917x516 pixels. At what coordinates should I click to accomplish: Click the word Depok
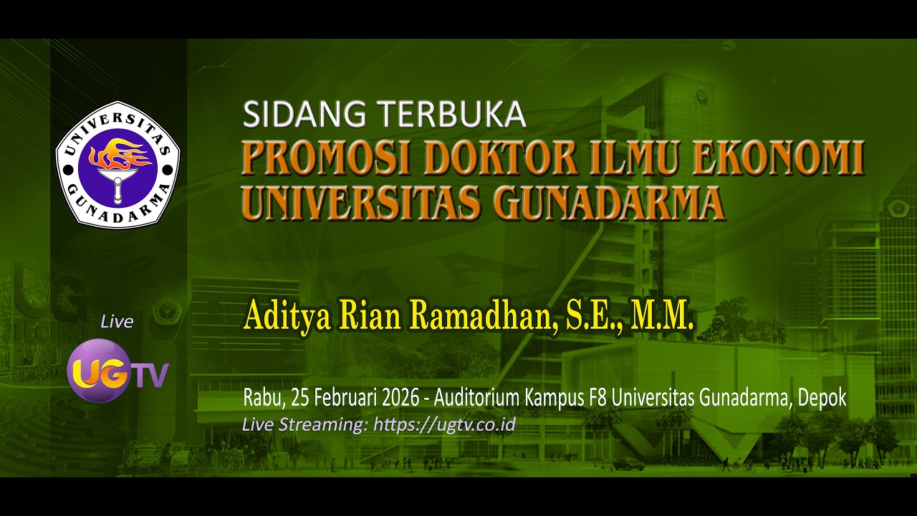[x=823, y=398]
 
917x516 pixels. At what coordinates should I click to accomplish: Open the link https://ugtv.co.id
[x=444, y=424]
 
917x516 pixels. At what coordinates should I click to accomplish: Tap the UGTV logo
[x=117, y=371]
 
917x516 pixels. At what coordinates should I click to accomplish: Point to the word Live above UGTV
[x=117, y=322]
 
